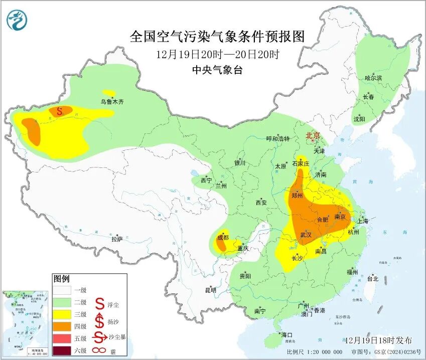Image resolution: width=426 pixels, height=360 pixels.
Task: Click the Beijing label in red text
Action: pyautogui.click(x=313, y=135)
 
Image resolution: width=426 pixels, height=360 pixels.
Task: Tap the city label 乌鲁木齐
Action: pyautogui.click(x=111, y=102)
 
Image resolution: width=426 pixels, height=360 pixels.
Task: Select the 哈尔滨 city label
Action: pyautogui.click(x=373, y=78)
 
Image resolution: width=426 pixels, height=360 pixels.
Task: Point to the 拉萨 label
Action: pyautogui.click(x=116, y=239)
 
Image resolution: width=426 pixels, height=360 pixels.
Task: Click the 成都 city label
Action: pyautogui.click(x=222, y=237)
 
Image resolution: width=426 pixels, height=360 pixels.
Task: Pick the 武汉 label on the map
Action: pyautogui.click(x=306, y=235)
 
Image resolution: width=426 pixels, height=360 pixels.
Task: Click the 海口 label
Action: pyautogui.click(x=287, y=334)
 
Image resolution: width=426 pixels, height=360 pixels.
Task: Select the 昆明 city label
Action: pyautogui.click(x=210, y=290)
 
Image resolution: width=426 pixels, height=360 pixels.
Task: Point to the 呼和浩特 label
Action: pyautogui.click(x=277, y=138)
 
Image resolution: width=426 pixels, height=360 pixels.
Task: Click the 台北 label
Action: pyautogui.click(x=373, y=278)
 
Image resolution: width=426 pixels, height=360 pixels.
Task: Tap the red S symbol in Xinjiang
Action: pyautogui.click(x=59, y=111)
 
